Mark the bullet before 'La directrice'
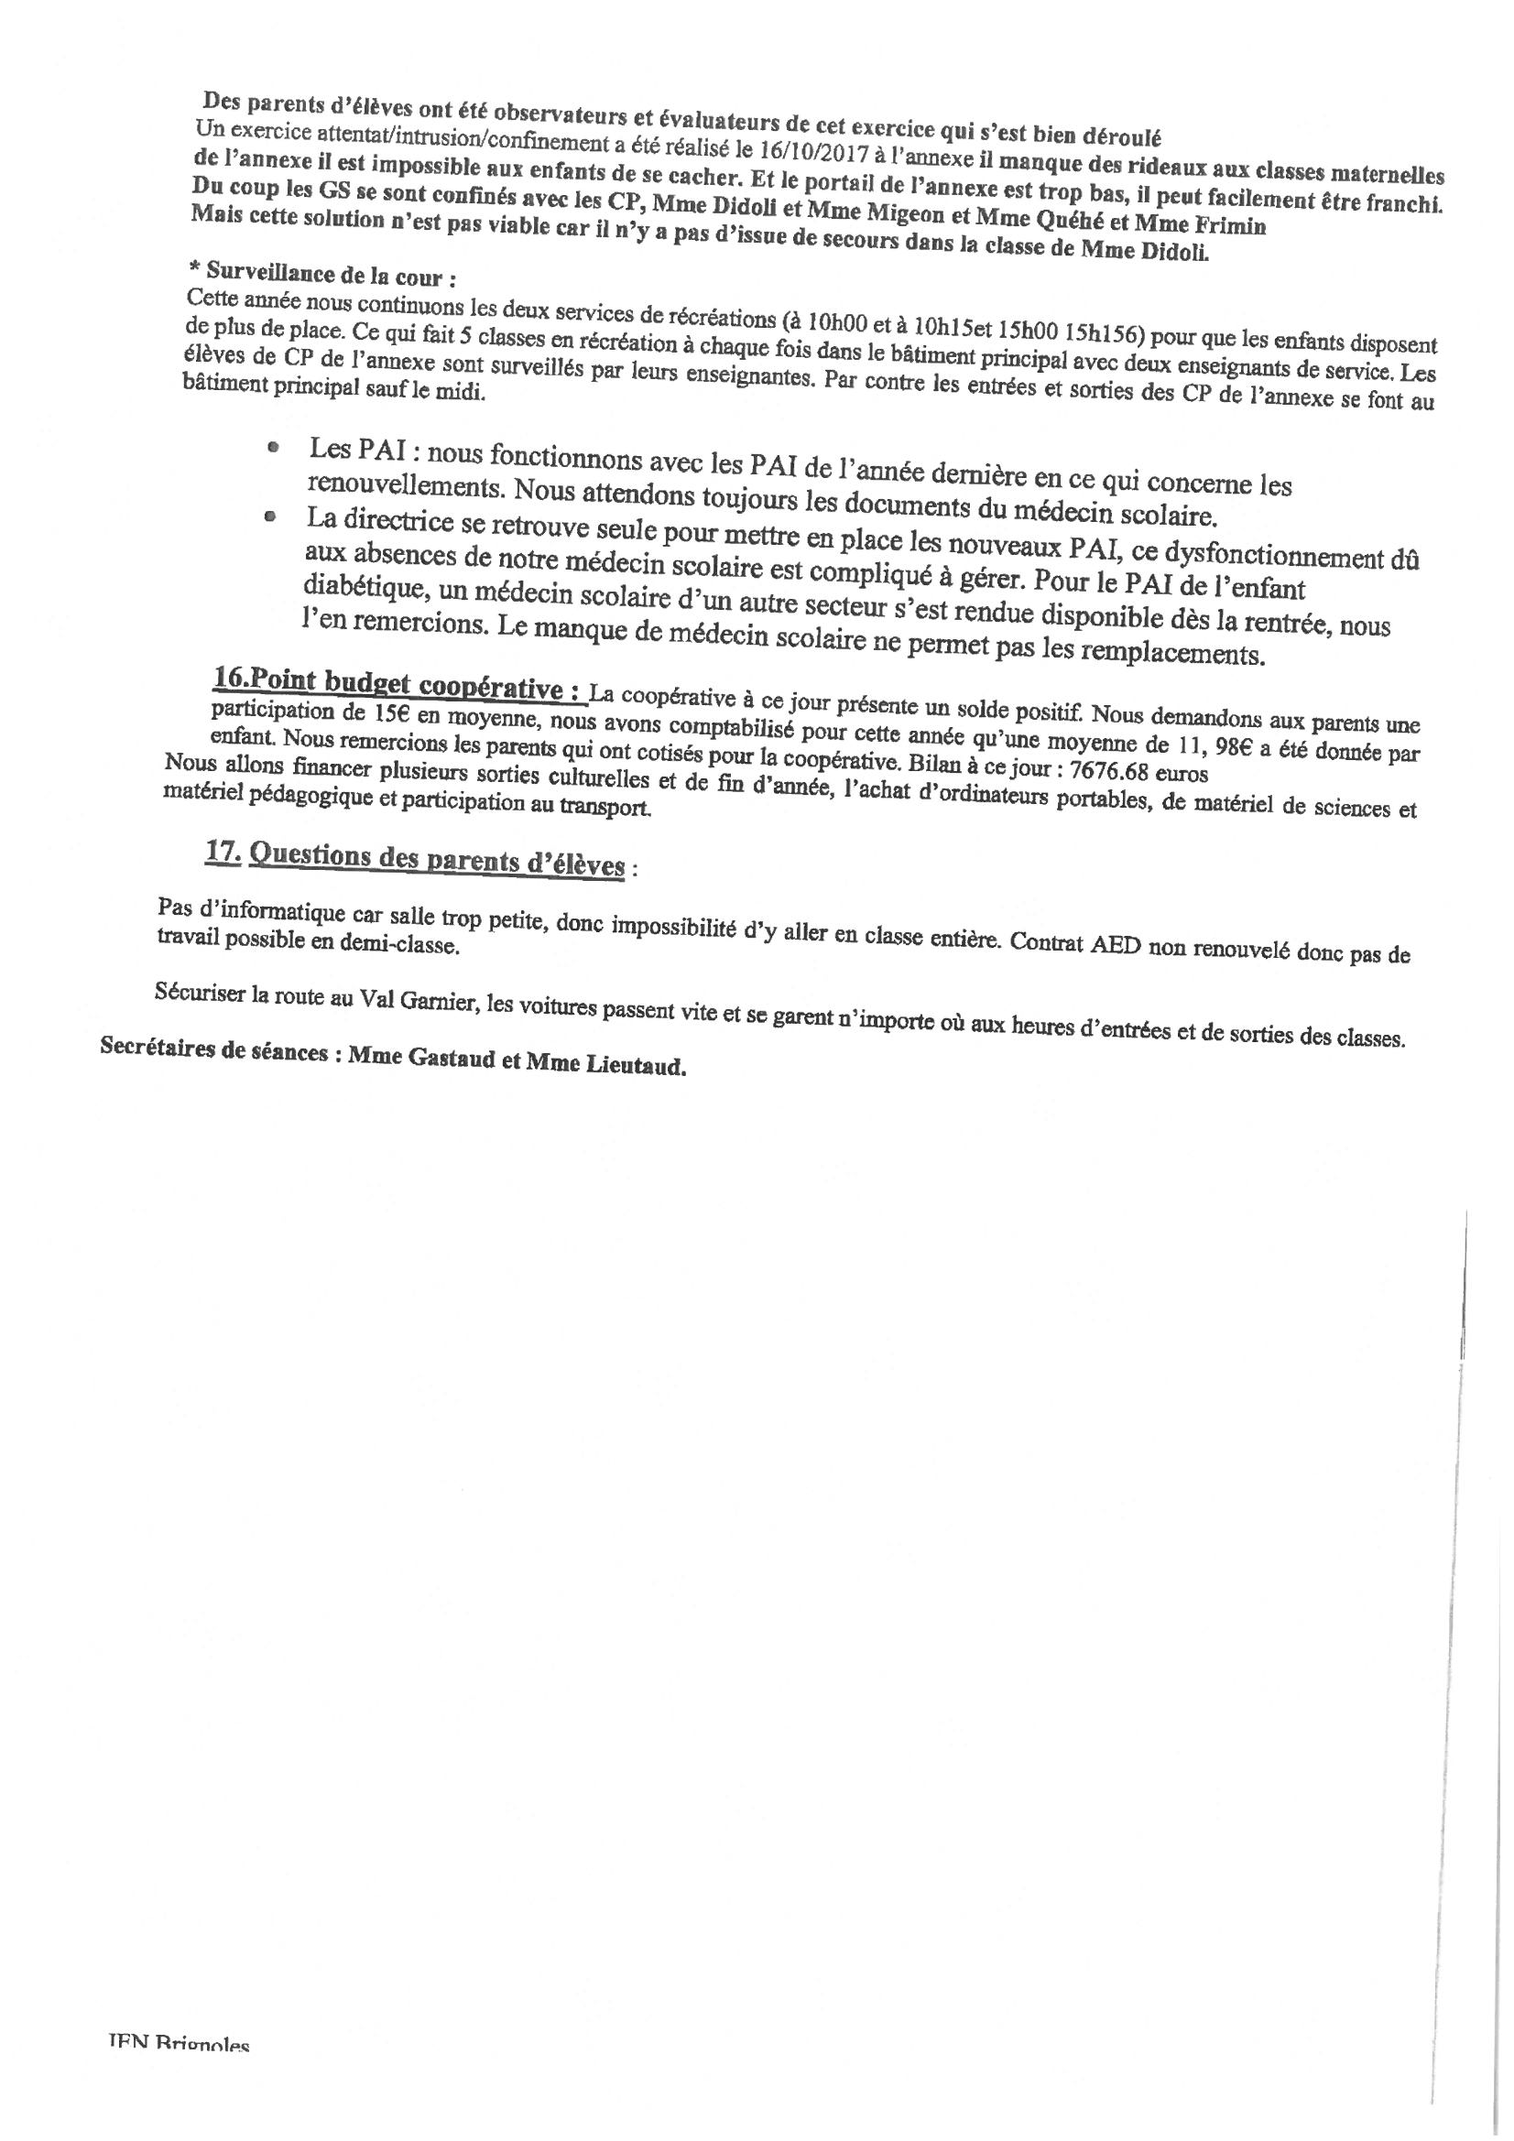pyautogui.click(x=270, y=515)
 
